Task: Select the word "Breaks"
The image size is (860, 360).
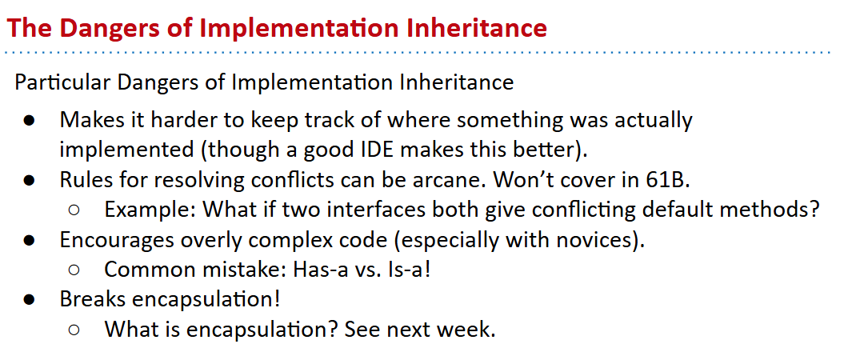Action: [x=90, y=300]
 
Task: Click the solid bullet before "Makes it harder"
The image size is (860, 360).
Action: [x=30, y=120]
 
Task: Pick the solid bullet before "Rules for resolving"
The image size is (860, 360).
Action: [x=30, y=181]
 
